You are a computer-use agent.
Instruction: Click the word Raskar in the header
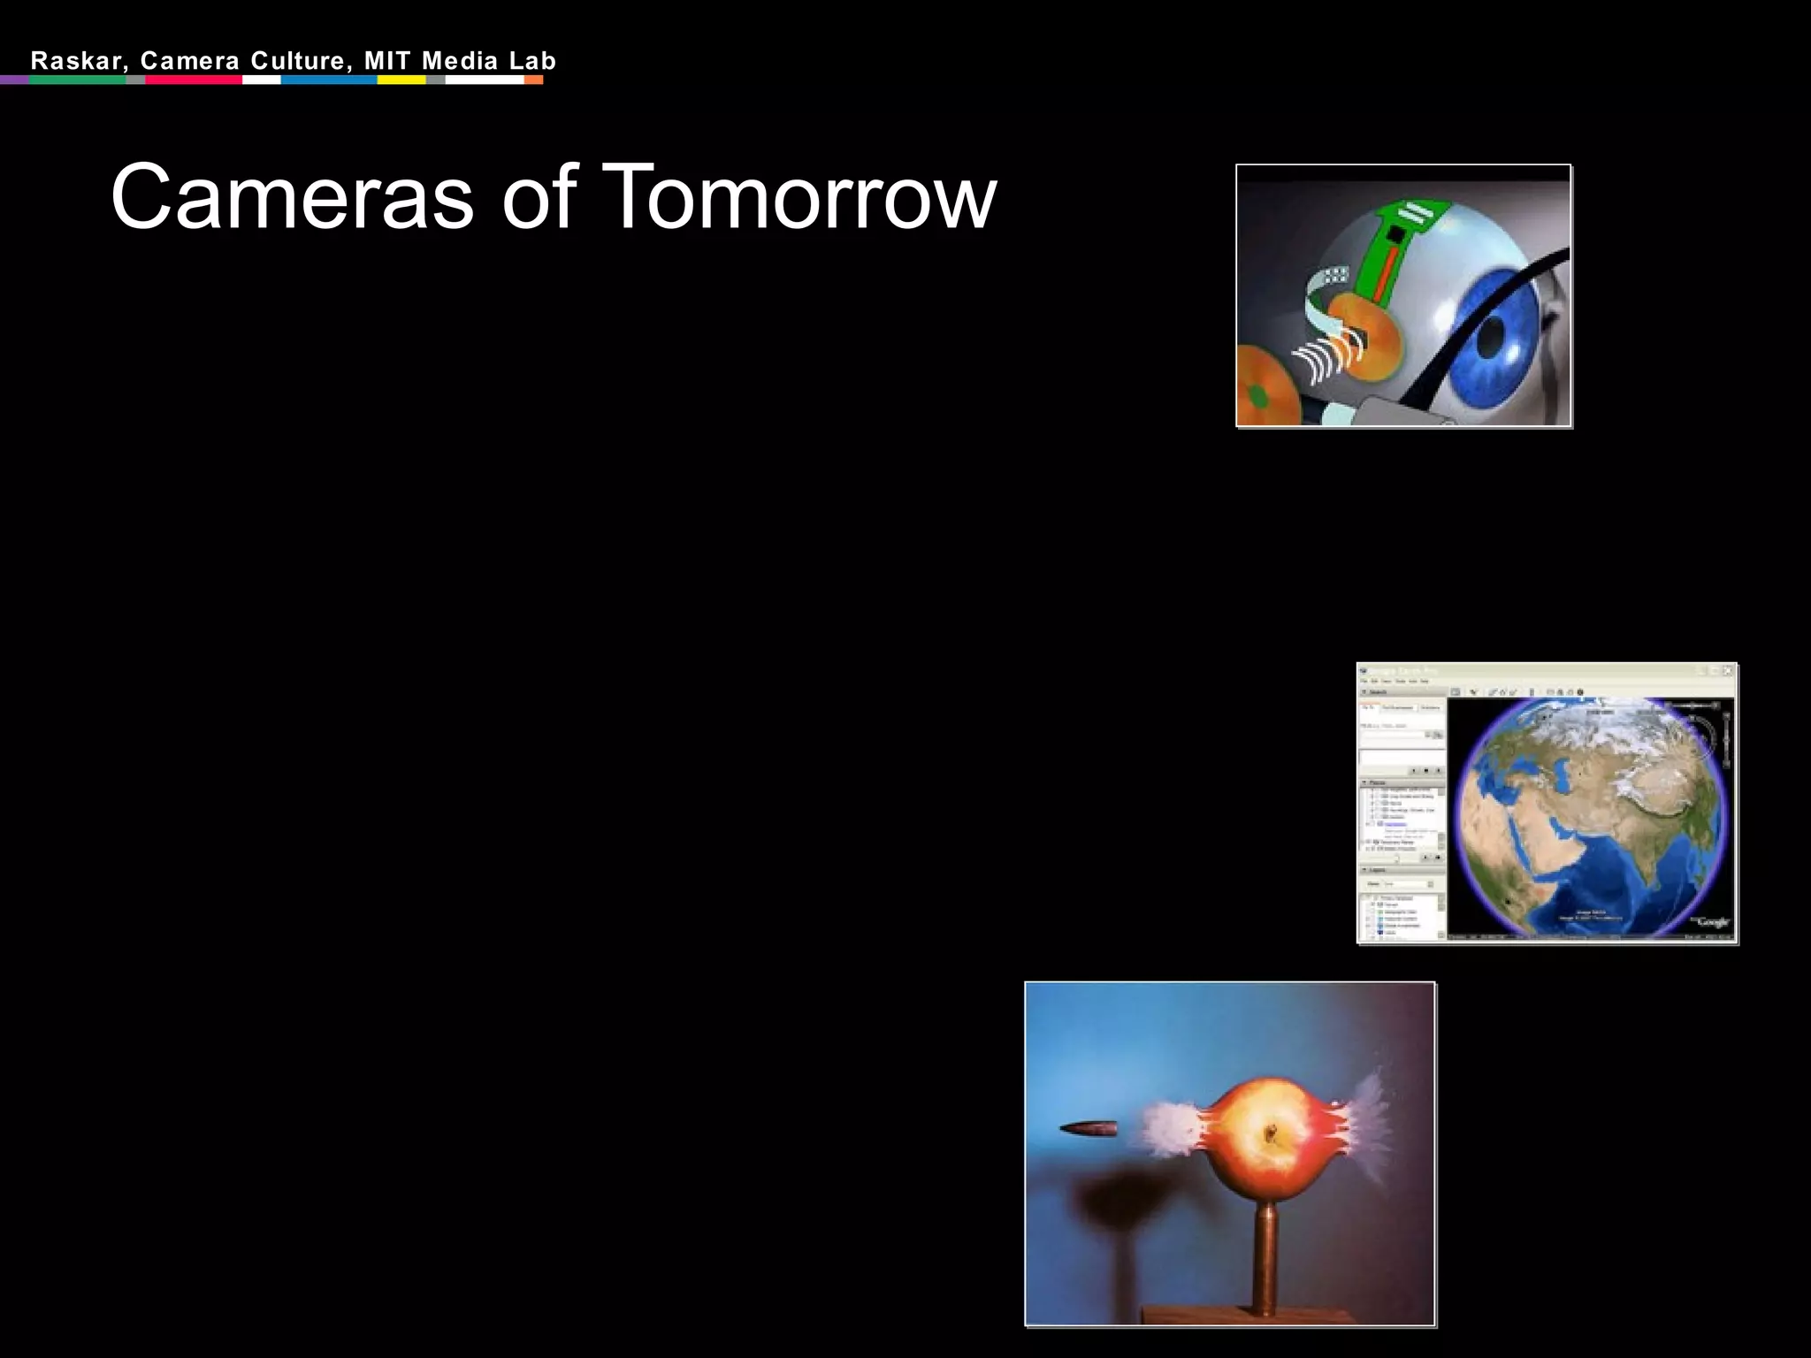pyautogui.click(x=76, y=61)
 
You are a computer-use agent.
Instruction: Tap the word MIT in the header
pyautogui.click(x=387, y=61)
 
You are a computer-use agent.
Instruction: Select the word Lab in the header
pyautogui.click(x=532, y=61)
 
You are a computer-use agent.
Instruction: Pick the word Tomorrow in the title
pyautogui.click(x=802, y=197)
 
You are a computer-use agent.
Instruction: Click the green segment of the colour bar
pyautogui.click(x=78, y=80)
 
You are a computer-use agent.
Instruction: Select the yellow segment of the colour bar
pyautogui.click(x=401, y=80)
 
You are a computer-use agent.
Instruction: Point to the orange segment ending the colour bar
pyautogui.click(x=533, y=80)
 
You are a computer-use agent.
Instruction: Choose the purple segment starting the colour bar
pyautogui.click(x=14, y=80)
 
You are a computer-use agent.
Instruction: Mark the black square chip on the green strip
pyautogui.click(x=1395, y=234)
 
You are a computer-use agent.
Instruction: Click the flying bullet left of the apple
pyautogui.click(x=1089, y=1129)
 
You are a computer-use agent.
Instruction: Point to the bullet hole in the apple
pyautogui.click(x=1272, y=1133)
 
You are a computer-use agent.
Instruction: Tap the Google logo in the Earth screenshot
pyautogui.click(x=1712, y=922)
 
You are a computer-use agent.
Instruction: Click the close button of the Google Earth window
pyautogui.click(x=1728, y=671)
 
